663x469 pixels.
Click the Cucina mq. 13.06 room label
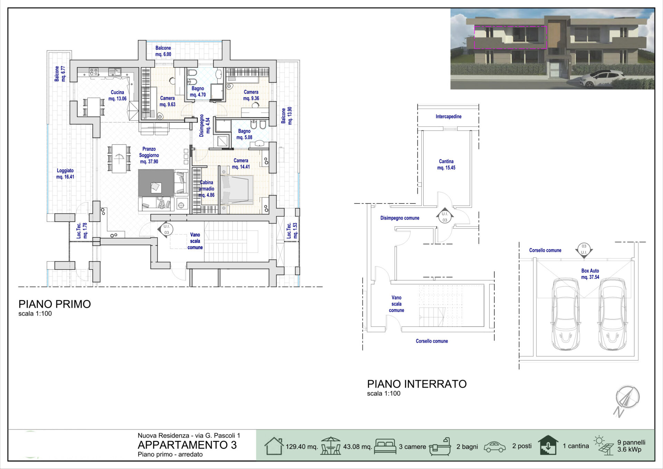click(117, 95)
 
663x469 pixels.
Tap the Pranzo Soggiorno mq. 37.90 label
click(149, 155)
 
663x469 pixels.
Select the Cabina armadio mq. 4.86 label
click(206, 189)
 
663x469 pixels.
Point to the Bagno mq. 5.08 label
click(244, 134)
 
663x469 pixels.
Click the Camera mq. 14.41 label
click(241, 163)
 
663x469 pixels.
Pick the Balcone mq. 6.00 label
click(163, 51)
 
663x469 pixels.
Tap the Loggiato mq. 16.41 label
click(65, 173)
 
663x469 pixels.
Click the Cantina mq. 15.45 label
click(446, 165)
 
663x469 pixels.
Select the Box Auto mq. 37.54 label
click(590, 274)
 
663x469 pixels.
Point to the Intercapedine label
click(449, 116)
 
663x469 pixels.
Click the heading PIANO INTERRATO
click(417, 384)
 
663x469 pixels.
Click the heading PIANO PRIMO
click(55, 304)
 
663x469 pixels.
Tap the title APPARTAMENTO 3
click(187, 445)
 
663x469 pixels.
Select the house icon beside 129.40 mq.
click(274, 446)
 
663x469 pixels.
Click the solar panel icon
click(604, 445)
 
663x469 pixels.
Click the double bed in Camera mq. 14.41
click(237, 190)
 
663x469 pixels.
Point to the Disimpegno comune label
click(400, 218)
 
